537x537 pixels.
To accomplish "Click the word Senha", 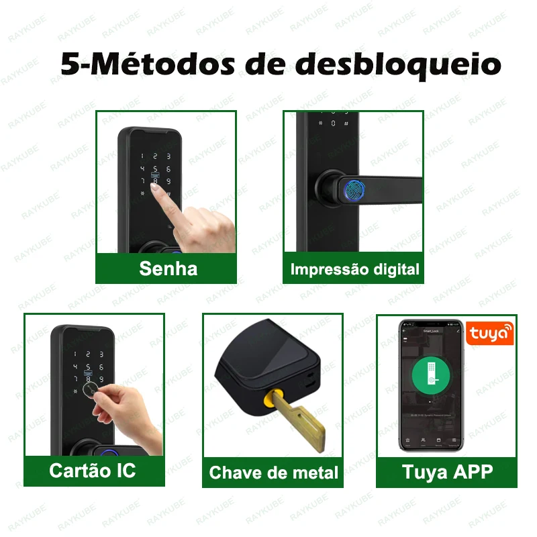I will click(168, 268).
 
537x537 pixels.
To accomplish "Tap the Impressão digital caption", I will click(354, 270).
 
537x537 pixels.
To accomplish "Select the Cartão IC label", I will click(92, 470).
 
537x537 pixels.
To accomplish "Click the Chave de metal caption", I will click(273, 473).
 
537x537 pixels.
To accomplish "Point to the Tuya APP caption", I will click(447, 471).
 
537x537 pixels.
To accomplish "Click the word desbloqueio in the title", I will click(399, 65).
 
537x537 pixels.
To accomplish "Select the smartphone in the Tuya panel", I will click(431, 385).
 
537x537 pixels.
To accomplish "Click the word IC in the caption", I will click(124, 470).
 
